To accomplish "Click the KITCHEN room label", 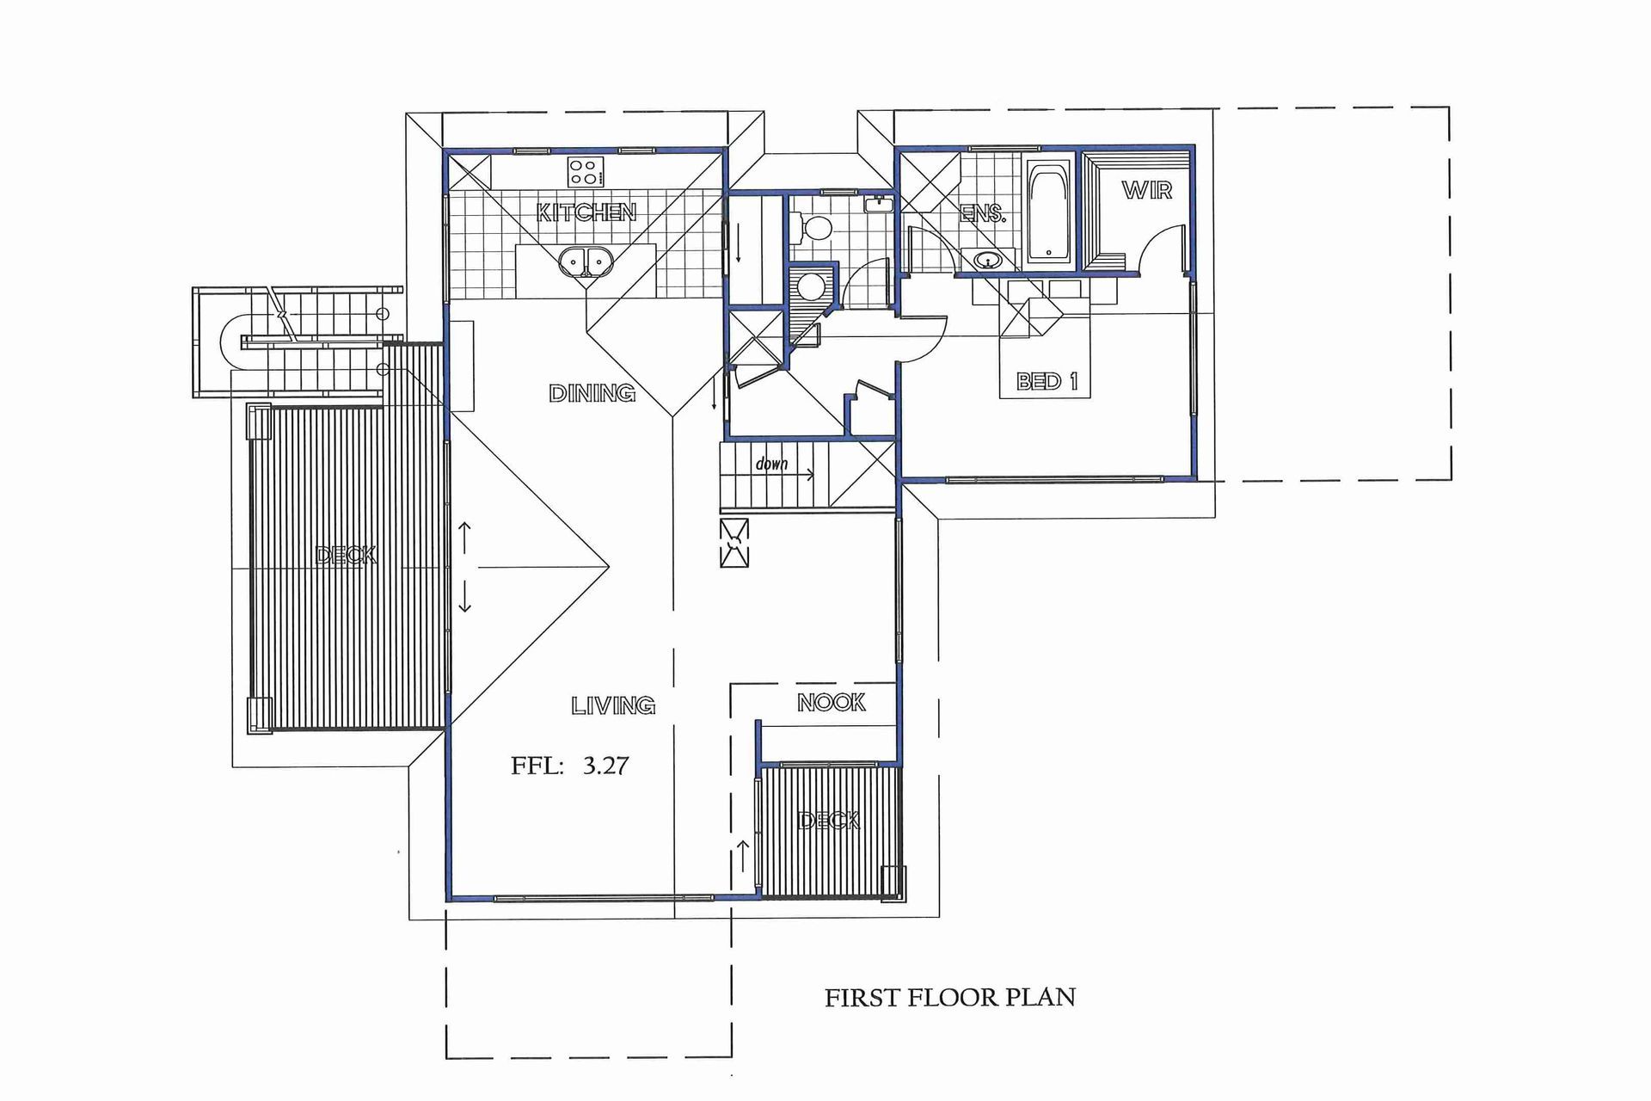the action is pos(586,212).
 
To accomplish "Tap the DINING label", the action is pos(592,393).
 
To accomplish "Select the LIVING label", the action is pos(613,705).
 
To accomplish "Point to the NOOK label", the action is pos(832,703).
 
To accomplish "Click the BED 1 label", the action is pos(1046,380).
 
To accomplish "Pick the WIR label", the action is pos(1147,190).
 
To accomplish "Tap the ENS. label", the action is pos(983,213).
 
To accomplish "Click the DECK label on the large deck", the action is pos(346,555).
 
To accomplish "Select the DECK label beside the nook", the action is pos(829,821).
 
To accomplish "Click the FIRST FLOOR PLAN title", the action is pos(950,997).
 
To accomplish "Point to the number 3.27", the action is pos(606,765).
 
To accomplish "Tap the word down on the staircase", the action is pos(771,464).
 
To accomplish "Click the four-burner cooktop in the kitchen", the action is pos(586,171).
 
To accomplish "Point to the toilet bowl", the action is pos(814,228).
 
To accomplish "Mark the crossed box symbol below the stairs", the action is pos(734,543).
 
